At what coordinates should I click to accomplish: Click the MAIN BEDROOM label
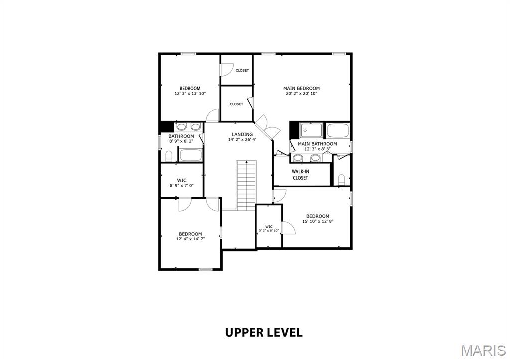coord(301,88)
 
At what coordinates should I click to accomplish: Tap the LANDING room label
coord(242,134)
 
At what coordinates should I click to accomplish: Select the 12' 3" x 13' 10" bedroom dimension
coord(190,93)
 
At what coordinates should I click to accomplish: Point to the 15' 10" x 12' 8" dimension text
coord(318,221)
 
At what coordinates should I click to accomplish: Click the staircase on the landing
coord(246,185)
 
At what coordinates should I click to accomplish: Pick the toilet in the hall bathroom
coord(169,156)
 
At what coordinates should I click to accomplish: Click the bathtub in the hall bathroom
coord(191,155)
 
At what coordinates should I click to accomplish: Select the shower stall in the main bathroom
coord(311,130)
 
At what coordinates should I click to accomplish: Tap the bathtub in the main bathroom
coord(338,131)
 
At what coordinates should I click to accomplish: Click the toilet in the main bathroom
coord(341,180)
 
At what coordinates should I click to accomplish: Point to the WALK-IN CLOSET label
coord(300,175)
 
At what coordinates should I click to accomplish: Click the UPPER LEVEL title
coord(264,332)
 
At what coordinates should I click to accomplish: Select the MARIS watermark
coord(483,350)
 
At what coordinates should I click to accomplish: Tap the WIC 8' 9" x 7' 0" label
coord(182,183)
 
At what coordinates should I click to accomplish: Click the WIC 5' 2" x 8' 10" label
coord(269,228)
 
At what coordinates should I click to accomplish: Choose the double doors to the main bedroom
coord(267,127)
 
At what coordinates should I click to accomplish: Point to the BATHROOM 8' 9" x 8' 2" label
coord(181,139)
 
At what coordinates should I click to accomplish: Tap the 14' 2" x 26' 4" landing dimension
coord(243,140)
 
